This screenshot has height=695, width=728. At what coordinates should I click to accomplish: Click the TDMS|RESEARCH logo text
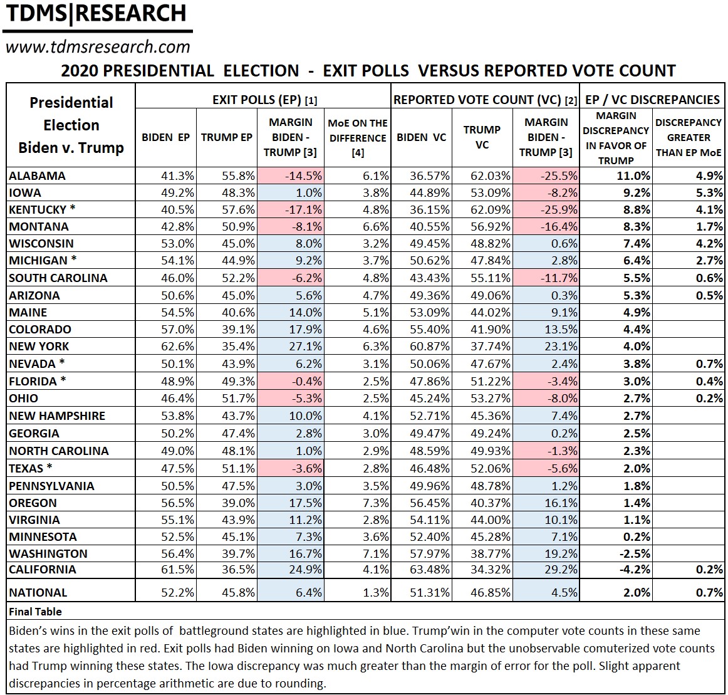(x=95, y=14)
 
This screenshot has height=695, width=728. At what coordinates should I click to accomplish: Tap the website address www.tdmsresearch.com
(x=97, y=47)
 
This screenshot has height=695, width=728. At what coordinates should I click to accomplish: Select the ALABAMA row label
(x=37, y=176)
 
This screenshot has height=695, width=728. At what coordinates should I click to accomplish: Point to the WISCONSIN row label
(x=41, y=244)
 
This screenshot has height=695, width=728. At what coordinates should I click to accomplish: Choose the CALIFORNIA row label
(x=43, y=570)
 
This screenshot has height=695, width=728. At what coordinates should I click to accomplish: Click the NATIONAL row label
(x=38, y=593)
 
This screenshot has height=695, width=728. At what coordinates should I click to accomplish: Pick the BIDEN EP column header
(x=165, y=137)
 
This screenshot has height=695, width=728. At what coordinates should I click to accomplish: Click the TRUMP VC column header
(x=482, y=137)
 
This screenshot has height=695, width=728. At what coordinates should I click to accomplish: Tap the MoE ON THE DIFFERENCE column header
(x=357, y=138)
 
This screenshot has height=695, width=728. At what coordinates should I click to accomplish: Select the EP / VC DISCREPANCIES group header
(x=652, y=100)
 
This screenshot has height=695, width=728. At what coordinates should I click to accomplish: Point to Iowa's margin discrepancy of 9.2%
(x=637, y=193)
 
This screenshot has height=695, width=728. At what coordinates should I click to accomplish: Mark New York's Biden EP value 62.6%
(x=179, y=347)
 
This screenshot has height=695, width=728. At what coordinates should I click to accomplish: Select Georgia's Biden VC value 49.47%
(x=429, y=434)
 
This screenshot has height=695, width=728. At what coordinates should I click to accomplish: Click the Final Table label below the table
(x=35, y=612)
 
